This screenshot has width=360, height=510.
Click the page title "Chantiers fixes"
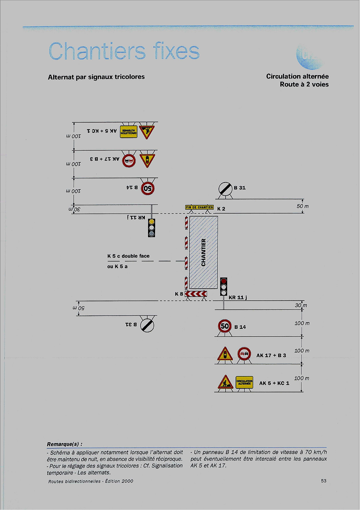124,52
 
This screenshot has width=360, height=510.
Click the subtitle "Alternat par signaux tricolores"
96,76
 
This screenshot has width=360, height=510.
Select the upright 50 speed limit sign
225,326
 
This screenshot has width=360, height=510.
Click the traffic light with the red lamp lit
224,287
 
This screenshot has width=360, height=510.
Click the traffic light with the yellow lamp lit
151,227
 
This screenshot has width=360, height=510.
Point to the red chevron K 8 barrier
196,294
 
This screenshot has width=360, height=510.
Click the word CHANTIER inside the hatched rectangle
204,252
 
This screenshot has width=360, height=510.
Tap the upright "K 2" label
221,209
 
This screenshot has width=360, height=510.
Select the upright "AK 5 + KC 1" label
274,383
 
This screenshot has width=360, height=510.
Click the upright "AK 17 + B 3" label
271,355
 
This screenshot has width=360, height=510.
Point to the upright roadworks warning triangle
225,383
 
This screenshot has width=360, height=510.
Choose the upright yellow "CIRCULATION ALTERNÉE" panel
244,383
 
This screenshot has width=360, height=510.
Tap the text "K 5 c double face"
128,256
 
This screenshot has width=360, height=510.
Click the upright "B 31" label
240,188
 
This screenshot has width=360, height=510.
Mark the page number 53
324,481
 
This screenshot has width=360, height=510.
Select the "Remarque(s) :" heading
65,444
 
